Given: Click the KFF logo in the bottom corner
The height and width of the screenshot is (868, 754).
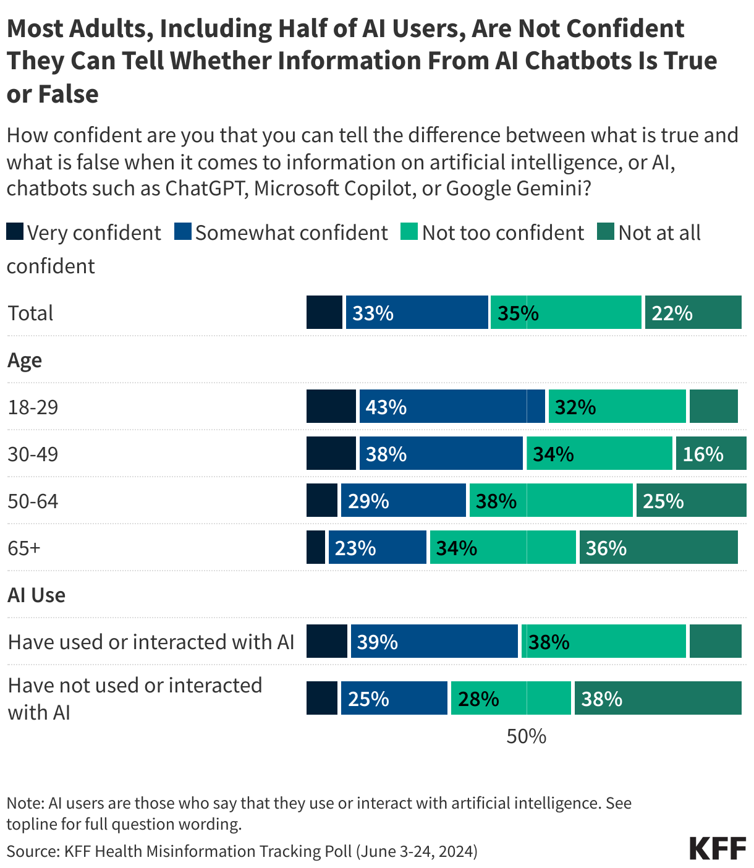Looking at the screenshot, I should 718,848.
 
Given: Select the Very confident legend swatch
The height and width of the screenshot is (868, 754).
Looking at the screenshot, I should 15,232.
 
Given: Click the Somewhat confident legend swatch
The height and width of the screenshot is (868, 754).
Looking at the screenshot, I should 183,232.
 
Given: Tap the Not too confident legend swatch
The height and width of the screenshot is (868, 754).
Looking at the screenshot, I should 410,232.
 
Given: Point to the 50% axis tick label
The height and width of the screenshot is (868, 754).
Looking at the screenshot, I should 526,736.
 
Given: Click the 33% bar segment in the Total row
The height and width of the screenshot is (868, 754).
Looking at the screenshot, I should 417,312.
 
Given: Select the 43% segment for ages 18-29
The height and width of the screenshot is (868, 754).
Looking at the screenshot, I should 452,406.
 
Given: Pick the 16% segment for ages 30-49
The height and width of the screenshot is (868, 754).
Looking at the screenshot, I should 711,453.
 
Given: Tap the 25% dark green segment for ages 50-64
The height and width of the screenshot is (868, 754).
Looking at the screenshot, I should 691,500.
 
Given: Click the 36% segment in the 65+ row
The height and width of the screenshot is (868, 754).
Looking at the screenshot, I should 658,547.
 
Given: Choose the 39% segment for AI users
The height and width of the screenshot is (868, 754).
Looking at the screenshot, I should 434,641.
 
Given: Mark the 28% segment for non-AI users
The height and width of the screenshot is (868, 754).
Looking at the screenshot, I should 510,698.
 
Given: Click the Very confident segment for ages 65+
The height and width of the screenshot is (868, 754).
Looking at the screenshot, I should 316,547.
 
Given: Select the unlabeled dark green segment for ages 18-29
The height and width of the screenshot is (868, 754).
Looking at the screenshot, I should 713,406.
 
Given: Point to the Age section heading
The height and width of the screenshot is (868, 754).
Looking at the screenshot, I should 25,360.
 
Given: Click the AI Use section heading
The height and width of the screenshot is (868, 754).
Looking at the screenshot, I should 36,595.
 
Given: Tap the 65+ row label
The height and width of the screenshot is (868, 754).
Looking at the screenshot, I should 23,548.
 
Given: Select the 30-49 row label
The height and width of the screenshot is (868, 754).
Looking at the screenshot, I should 33,454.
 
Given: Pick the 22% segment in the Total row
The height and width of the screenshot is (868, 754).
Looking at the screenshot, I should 693,312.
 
